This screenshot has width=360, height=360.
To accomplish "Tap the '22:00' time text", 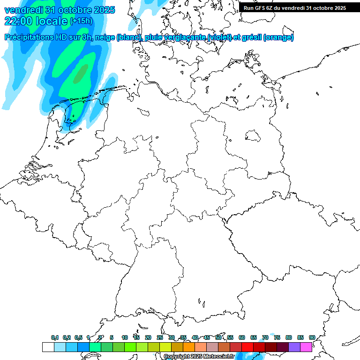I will point(19,21).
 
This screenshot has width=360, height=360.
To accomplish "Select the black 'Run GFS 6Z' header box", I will point(295,7).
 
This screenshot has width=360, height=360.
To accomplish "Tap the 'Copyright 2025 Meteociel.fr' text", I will point(199,357).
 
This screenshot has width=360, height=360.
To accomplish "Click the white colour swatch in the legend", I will point(48,347).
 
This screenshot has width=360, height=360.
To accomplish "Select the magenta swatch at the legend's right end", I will point(306,347).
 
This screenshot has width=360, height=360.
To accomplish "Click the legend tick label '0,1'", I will point(55,337).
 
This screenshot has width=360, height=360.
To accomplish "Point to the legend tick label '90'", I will point(312,337).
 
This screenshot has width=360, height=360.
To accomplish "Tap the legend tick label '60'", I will point(242,337).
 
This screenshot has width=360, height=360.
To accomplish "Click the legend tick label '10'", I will point(125,337).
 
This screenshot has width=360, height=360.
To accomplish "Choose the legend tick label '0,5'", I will point(78,337).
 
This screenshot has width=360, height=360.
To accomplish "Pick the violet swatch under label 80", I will point(294,347).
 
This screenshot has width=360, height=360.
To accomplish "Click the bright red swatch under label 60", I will point(247,347).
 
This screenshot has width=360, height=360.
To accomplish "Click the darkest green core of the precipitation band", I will point(81,73).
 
